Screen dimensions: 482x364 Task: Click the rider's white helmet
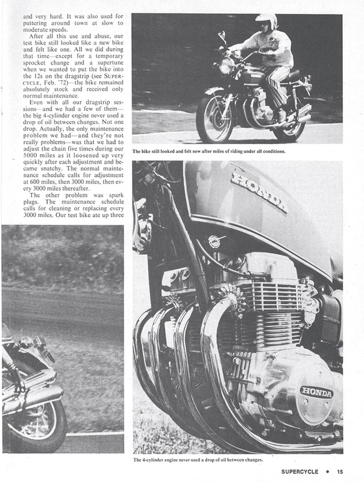(266, 23)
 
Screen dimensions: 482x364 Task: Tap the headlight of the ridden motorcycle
(227, 65)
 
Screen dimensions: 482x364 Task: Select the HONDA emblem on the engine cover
(316, 391)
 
